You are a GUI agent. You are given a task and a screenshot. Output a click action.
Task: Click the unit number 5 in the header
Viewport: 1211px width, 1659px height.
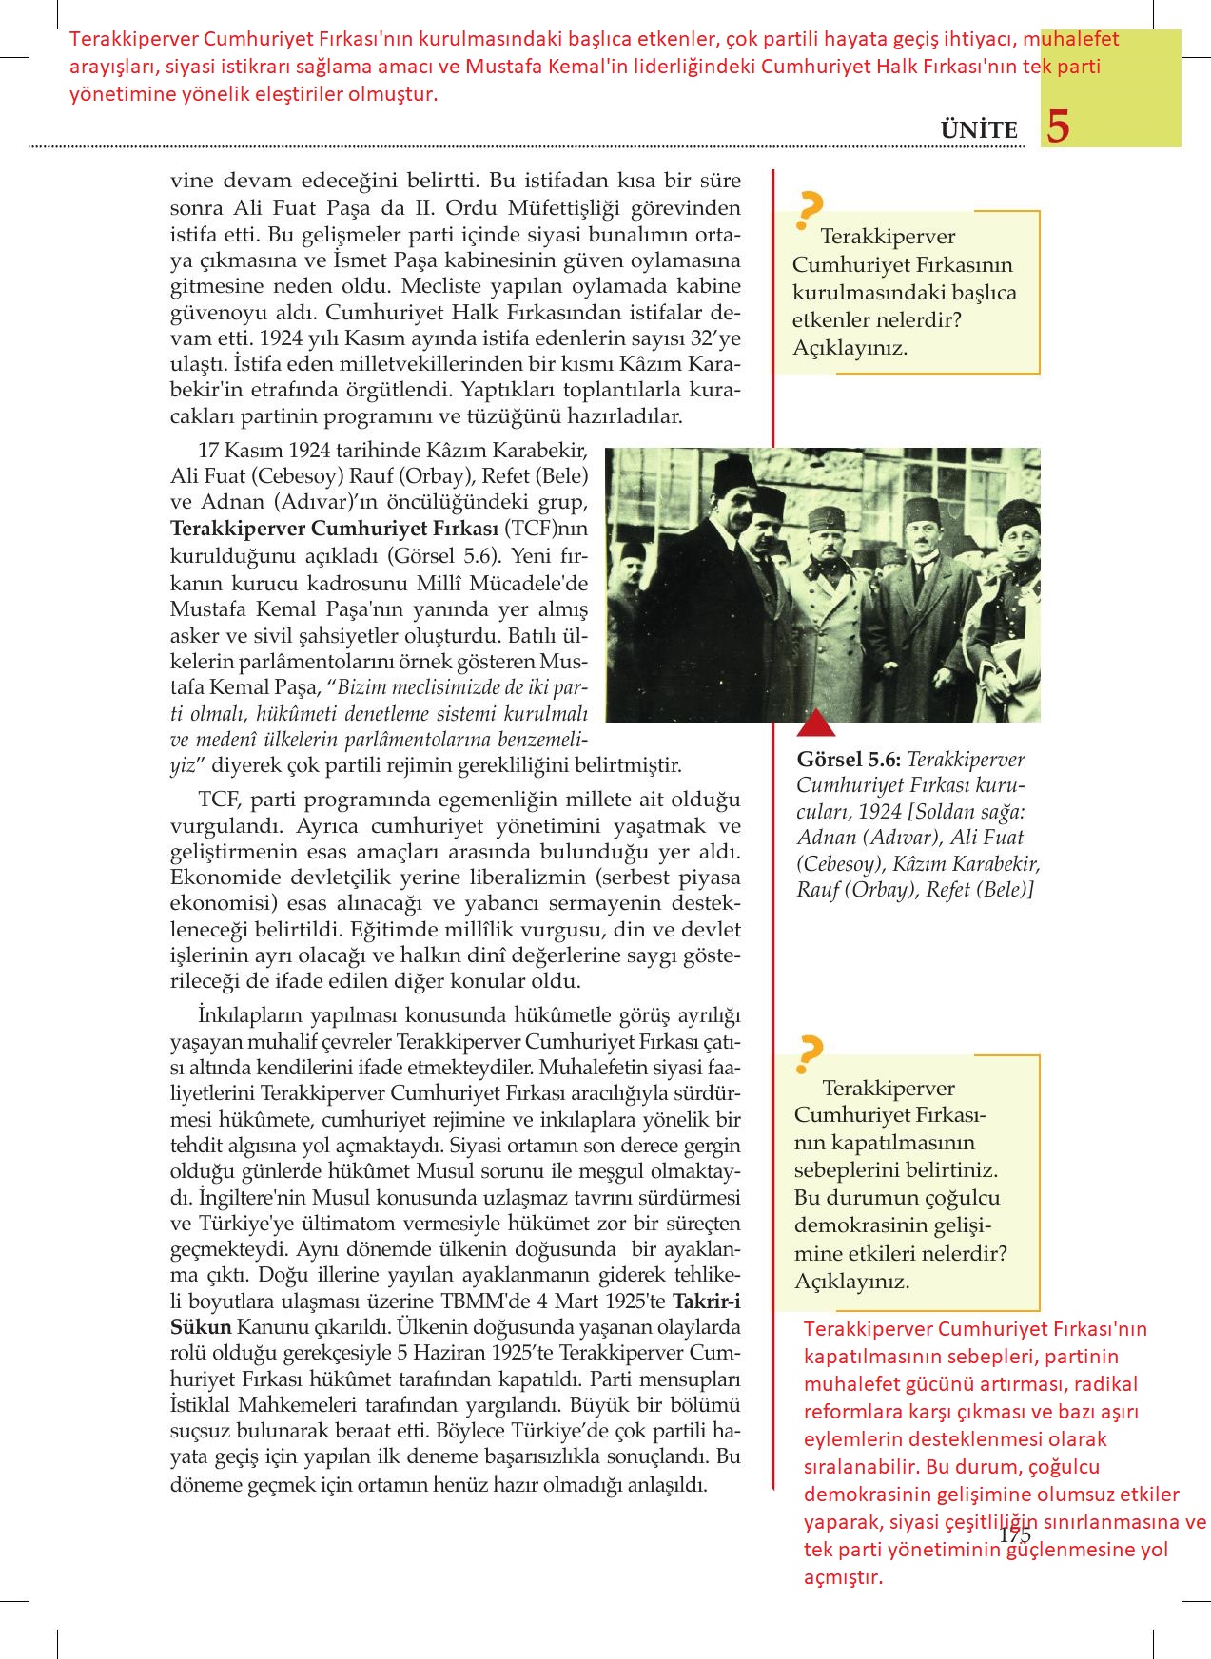[1058, 126]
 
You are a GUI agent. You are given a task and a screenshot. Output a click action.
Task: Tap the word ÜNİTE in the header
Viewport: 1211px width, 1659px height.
[979, 130]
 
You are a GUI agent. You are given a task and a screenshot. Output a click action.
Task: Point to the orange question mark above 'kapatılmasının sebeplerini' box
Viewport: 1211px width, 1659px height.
[810, 1053]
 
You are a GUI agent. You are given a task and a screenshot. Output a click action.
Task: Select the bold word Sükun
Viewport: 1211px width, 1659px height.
[201, 1326]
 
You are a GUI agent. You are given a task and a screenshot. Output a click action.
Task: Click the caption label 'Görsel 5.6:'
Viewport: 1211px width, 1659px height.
[849, 760]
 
